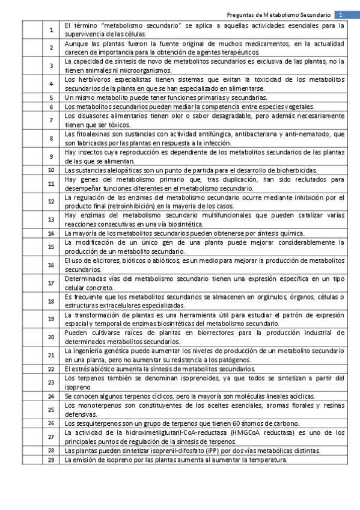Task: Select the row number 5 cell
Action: [51, 97]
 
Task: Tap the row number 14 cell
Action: [51, 233]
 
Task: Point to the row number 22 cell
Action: [51, 368]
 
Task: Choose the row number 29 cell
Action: [51, 459]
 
